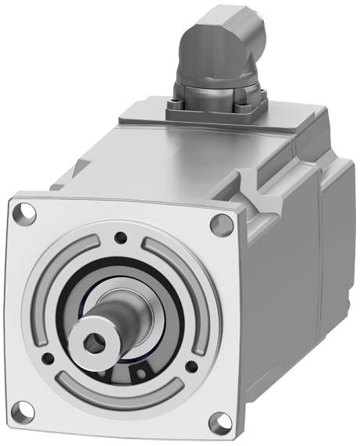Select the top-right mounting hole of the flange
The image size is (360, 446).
coord(222,224)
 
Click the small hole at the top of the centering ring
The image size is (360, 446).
coord(119,238)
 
